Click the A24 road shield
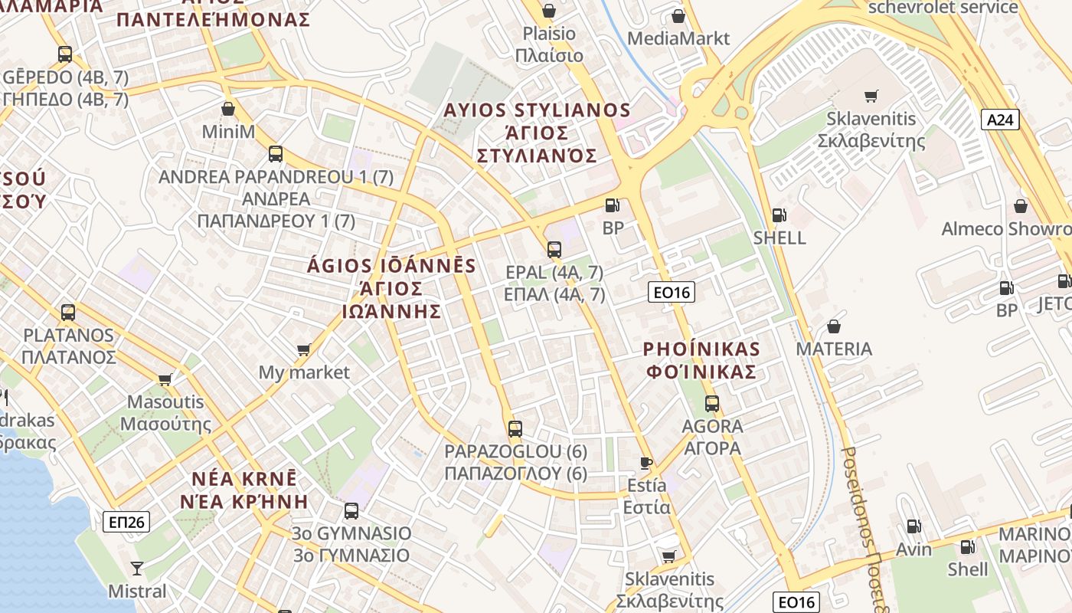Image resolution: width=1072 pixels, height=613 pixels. tap(1000, 119)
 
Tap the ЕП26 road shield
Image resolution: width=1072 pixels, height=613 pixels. tap(126, 522)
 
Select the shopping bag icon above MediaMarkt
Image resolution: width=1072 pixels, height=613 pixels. tap(678, 15)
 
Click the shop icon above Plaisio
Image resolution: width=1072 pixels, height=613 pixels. tap(548, 11)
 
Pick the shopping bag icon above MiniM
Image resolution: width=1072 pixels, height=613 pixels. tap(227, 109)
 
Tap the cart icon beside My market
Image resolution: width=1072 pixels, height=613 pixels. tap(303, 350)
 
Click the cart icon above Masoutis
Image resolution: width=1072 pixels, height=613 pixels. tap(165, 379)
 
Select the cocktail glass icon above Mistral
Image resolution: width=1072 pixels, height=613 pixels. tap(137, 568)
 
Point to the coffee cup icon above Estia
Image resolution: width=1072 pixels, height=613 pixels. tap(646, 462)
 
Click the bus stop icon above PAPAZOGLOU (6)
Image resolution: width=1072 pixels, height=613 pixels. tap(515, 429)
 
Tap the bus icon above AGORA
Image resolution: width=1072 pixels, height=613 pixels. tap(712, 403)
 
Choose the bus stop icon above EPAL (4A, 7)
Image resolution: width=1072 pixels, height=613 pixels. tap(554, 249)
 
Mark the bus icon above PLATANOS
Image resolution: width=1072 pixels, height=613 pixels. tap(68, 312)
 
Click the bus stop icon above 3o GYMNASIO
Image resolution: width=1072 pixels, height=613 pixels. tap(351, 510)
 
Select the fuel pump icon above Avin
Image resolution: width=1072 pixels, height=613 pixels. tap(913, 526)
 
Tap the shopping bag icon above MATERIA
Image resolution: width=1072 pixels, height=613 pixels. tap(834, 326)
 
